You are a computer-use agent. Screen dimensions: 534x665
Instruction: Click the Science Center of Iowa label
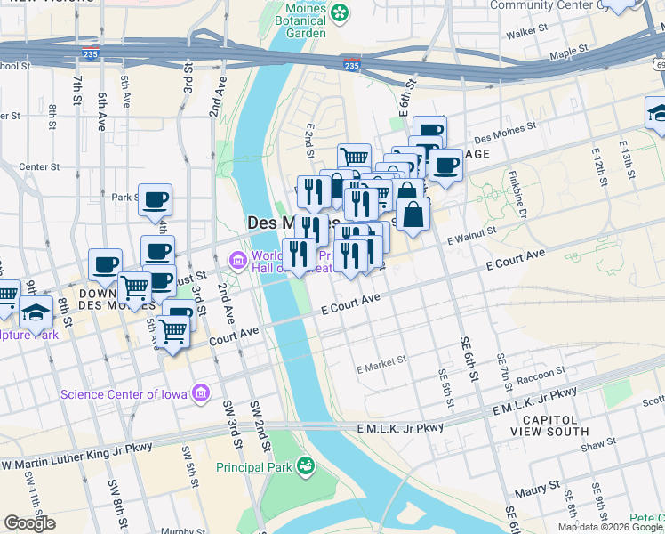[125, 393]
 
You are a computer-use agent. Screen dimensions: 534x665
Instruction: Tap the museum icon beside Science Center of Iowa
[202, 392]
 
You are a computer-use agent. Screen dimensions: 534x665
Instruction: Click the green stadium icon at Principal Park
[306, 465]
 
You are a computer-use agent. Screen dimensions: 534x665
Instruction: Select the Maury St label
[542, 486]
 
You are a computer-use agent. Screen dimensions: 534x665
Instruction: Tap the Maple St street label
[570, 54]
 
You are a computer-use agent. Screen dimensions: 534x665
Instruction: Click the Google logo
[29, 523]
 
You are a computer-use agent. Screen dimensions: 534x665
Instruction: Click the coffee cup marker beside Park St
[155, 202]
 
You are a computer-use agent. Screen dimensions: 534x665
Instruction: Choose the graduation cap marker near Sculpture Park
[36, 312]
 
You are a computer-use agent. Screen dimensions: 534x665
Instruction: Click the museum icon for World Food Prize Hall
[237, 261]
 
